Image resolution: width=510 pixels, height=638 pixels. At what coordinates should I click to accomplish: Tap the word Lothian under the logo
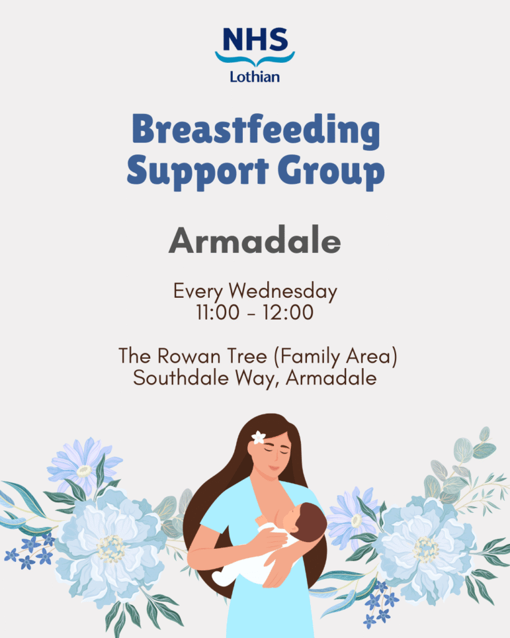(255, 76)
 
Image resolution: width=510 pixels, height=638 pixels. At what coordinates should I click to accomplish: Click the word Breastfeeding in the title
(255, 130)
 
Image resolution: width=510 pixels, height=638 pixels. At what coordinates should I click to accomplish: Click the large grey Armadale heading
(255, 240)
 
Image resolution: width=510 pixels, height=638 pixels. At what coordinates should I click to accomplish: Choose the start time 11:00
(217, 313)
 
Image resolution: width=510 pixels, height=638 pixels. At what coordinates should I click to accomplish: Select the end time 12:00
(291, 313)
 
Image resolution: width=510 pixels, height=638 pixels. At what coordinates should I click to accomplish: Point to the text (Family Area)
(336, 357)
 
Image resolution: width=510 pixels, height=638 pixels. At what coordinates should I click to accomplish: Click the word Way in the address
(250, 378)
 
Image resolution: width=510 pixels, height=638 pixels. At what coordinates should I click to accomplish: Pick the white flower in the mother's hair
(258, 437)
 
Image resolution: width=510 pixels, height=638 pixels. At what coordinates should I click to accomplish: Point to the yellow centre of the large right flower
(425, 548)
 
